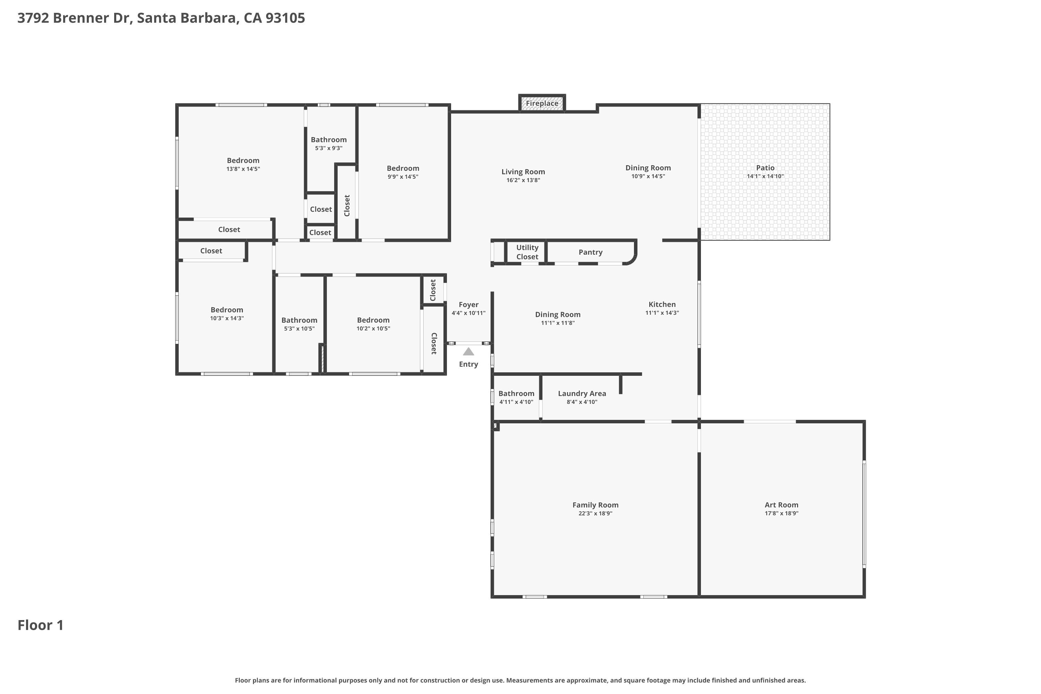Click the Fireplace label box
pyautogui.click(x=542, y=103)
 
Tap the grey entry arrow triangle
pyautogui.click(x=468, y=352)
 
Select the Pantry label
pyautogui.click(x=591, y=252)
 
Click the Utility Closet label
pyautogui.click(x=527, y=252)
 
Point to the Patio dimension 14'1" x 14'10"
pyautogui.click(x=765, y=176)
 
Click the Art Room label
pyautogui.click(x=781, y=505)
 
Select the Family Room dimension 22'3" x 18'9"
pyautogui.click(x=595, y=514)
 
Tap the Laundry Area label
pyautogui.click(x=582, y=393)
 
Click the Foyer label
pyautogui.click(x=468, y=305)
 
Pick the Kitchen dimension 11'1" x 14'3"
pyautogui.click(x=662, y=313)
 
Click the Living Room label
pyautogui.click(x=523, y=172)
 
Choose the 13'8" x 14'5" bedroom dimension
pyautogui.click(x=243, y=169)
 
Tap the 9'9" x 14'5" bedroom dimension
pyautogui.click(x=403, y=177)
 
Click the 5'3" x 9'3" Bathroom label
pyautogui.click(x=328, y=140)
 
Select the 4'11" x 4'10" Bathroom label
pyautogui.click(x=516, y=393)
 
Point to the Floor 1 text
pyautogui.click(x=41, y=625)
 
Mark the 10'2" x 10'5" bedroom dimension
pyautogui.click(x=373, y=328)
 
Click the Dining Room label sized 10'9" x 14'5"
pyautogui.click(x=648, y=168)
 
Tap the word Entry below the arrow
pyautogui.click(x=468, y=364)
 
